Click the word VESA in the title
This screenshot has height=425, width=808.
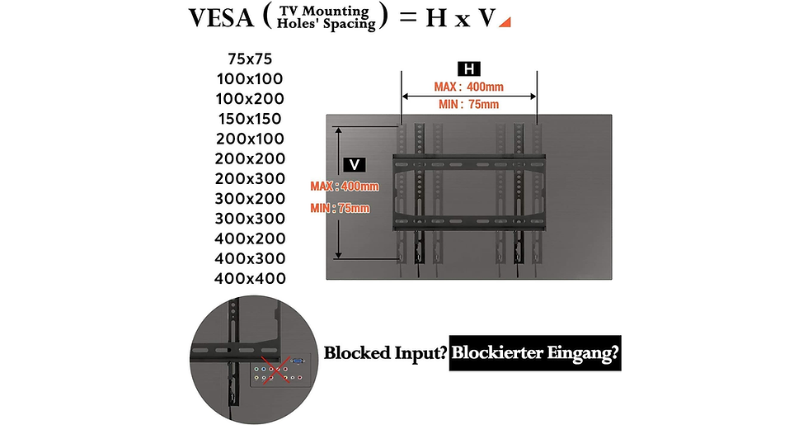click(x=221, y=17)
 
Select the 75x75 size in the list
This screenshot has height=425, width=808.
click(x=250, y=59)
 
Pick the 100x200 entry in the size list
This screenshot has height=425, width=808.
click(x=250, y=98)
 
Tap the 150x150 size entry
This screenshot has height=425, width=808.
click(x=250, y=119)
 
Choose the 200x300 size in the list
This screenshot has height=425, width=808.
click(x=250, y=178)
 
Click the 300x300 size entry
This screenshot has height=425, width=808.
click(x=250, y=218)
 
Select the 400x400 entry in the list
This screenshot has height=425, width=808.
click(x=250, y=278)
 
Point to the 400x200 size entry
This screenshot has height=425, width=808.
click(x=250, y=238)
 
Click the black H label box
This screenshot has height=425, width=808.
click(x=469, y=69)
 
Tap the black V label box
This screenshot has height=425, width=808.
click(x=355, y=165)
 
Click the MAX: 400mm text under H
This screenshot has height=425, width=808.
click(x=468, y=87)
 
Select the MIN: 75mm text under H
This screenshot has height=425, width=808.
click(x=469, y=104)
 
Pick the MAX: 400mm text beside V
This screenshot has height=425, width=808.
click(x=345, y=187)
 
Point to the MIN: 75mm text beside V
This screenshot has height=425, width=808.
click(x=340, y=208)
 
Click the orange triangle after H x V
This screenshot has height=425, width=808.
click(x=505, y=21)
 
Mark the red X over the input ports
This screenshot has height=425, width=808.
click(x=274, y=370)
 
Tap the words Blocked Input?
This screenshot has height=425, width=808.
click(x=385, y=353)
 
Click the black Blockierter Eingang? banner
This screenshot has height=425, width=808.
click(x=535, y=353)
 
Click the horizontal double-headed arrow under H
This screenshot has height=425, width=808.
click(x=469, y=96)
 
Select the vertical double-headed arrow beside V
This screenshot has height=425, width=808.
click(x=339, y=193)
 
